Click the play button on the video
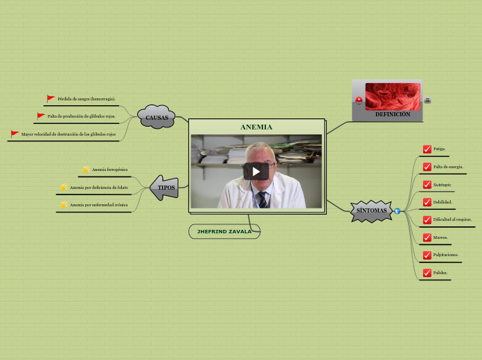(x=256, y=171)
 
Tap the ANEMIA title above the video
(x=256, y=127)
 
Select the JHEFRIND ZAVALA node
(x=224, y=231)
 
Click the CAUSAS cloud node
(x=157, y=118)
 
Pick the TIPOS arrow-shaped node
(x=166, y=188)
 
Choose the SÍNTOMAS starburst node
(x=372, y=210)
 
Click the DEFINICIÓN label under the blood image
(x=393, y=115)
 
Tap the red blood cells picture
(x=393, y=96)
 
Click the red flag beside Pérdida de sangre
(x=51, y=99)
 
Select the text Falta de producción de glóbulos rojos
(x=81, y=116)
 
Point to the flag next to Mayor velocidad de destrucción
(x=15, y=134)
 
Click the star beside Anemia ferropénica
(x=85, y=170)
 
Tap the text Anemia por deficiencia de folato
(x=99, y=188)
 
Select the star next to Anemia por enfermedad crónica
(x=64, y=205)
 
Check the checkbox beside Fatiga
(x=427, y=149)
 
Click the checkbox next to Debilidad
(x=427, y=202)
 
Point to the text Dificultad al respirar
(x=452, y=220)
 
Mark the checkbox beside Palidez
(x=427, y=273)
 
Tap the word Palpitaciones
(x=446, y=255)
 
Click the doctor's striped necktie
(x=262, y=200)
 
